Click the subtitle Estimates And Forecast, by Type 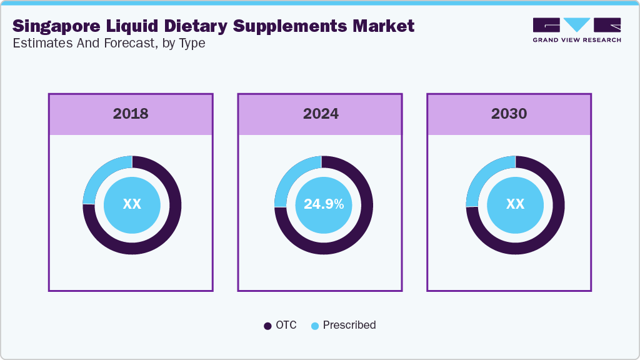click(109, 44)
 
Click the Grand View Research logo click(576, 30)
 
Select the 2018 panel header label click(131, 114)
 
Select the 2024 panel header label click(321, 114)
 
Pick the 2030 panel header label click(509, 114)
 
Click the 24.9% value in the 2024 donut click(323, 204)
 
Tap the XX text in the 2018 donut click(132, 204)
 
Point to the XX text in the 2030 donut click(515, 204)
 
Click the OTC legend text click(286, 325)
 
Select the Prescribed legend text click(349, 325)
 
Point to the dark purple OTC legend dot click(267, 326)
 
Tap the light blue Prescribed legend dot click(315, 326)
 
